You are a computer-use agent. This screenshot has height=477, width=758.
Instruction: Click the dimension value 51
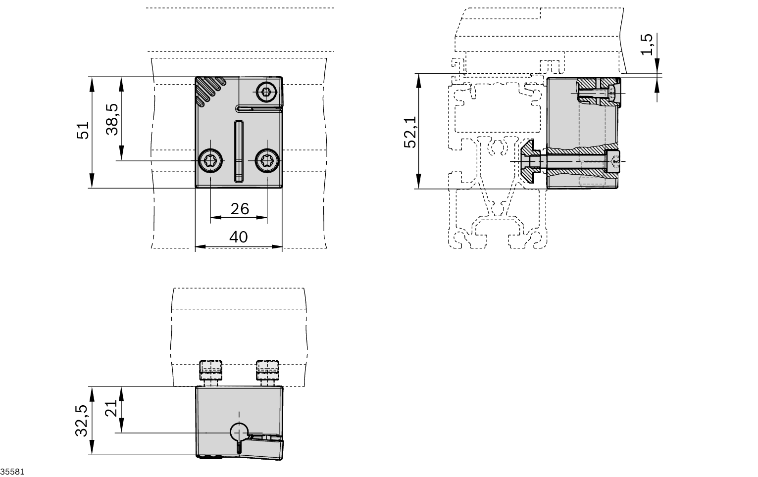pyautogui.click(x=83, y=131)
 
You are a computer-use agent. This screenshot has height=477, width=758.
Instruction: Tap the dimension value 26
pyautogui.click(x=240, y=209)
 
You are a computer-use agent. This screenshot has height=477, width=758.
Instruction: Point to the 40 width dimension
pyautogui.click(x=239, y=237)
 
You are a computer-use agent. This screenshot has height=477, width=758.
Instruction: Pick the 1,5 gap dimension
pyautogui.click(x=647, y=45)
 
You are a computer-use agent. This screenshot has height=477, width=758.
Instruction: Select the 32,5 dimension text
pyautogui.click(x=81, y=421)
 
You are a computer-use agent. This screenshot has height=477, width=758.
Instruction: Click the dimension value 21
pyautogui.click(x=112, y=409)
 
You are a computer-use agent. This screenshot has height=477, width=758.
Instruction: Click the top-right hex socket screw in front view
pyautogui.click(x=267, y=91)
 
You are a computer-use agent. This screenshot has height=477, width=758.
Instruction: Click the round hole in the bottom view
pyautogui.click(x=239, y=432)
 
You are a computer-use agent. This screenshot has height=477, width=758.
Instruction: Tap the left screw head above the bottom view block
pyautogui.click(x=211, y=369)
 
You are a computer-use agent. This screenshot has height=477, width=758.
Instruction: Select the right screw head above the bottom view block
pyautogui.click(x=267, y=369)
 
